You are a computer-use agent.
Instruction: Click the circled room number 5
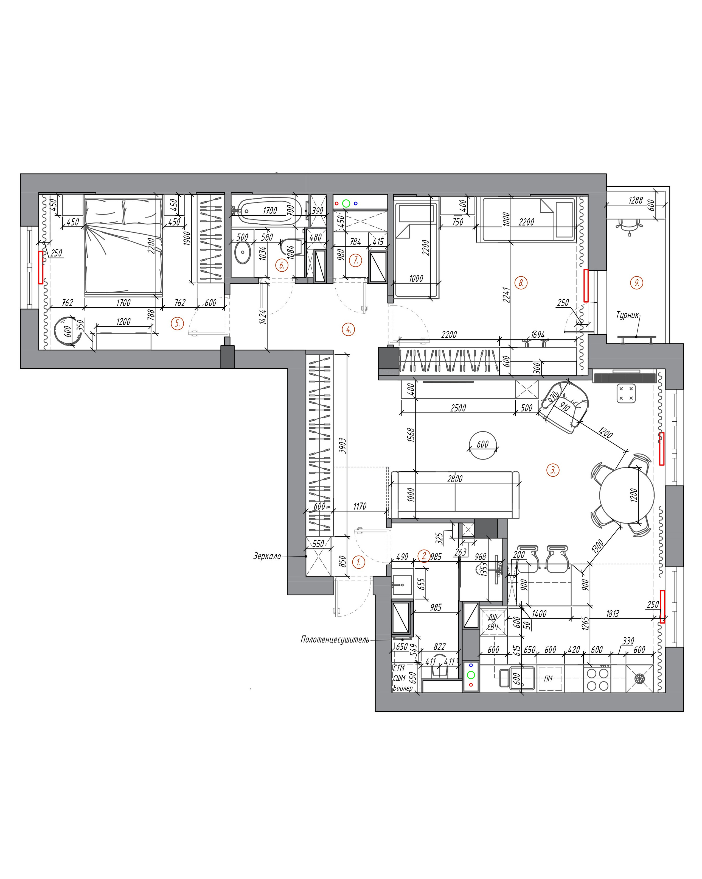(x=177, y=324)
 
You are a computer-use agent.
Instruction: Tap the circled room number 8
(x=521, y=283)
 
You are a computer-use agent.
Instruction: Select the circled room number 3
(x=553, y=470)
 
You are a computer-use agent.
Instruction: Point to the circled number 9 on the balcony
(x=636, y=283)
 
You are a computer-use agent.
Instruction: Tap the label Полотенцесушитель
(x=335, y=639)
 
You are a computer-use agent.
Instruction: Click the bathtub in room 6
(x=270, y=211)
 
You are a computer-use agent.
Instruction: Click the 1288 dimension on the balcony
(x=636, y=200)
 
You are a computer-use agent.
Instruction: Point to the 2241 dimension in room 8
(x=506, y=295)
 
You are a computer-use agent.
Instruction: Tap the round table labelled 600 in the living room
(x=483, y=445)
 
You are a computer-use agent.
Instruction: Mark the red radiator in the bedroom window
(x=41, y=267)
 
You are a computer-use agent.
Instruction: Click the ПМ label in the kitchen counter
(x=548, y=678)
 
